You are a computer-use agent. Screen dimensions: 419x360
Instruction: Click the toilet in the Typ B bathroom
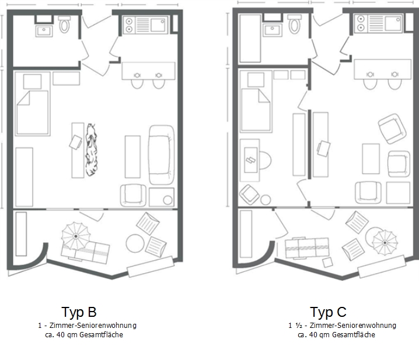tap(64, 25)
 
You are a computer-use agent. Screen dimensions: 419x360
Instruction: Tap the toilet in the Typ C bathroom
tap(294, 24)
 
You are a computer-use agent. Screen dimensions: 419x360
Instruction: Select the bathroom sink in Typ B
tap(44, 32)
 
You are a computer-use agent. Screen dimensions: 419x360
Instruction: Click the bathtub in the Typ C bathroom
tap(250, 39)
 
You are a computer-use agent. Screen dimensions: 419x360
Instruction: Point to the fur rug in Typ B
tap(91, 149)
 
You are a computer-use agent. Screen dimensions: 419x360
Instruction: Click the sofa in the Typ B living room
tap(161, 155)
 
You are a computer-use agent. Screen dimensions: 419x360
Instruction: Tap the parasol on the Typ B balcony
tap(76, 236)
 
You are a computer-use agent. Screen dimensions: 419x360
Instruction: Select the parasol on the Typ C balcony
tap(385, 243)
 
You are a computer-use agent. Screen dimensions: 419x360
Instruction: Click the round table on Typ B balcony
tap(135, 243)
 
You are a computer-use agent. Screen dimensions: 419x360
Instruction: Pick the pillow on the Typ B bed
tap(32, 82)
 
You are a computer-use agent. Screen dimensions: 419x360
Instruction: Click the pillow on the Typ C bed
tap(256, 80)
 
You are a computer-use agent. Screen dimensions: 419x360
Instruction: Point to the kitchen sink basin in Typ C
tap(393, 23)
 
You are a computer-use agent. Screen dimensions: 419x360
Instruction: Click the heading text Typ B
tap(79, 312)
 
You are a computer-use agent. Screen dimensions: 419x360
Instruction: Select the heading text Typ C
tap(328, 312)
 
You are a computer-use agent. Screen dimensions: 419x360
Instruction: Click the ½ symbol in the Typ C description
tap(298, 326)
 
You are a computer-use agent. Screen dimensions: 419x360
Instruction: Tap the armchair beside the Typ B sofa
tap(133, 195)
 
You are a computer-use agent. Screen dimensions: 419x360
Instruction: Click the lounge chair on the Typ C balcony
tap(308, 248)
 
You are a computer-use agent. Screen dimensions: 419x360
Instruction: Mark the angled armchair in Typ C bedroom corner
tap(249, 194)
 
